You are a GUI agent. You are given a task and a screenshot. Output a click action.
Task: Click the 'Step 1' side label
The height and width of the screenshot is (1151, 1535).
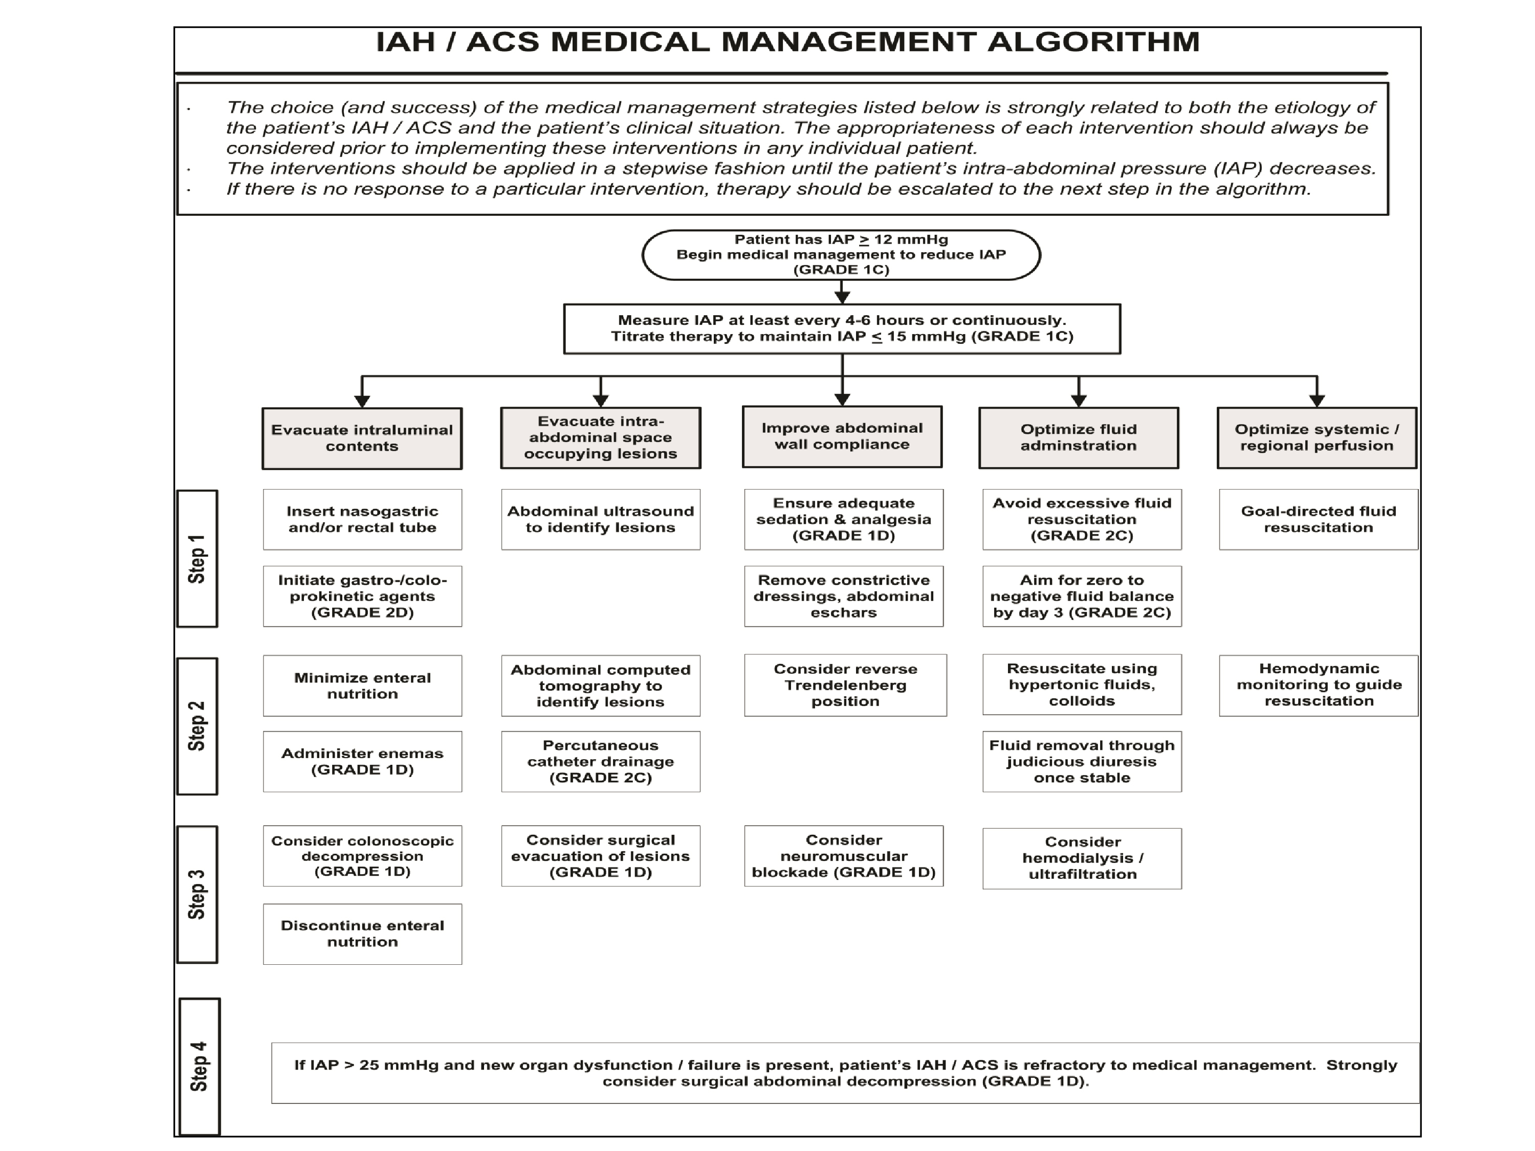[x=197, y=559]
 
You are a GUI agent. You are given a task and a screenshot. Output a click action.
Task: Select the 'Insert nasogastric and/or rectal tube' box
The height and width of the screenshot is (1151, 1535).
[x=362, y=520]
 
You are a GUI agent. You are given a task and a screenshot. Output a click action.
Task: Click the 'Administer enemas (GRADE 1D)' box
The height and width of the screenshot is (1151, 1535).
[x=362, y=761]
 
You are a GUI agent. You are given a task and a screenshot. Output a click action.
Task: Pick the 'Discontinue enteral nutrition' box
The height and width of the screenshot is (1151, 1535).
[x=362, y=933]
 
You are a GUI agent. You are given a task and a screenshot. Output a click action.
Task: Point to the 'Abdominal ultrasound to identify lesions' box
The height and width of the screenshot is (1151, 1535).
[x=600, y=520]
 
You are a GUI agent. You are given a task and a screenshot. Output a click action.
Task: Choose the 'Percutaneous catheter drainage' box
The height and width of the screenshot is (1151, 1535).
[x=600, y=761]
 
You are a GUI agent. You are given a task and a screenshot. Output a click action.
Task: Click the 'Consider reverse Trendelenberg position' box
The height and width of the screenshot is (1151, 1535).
[x=845, y=685]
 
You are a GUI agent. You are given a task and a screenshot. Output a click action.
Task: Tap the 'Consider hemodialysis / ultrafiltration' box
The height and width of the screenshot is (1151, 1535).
[x=1082, y=858]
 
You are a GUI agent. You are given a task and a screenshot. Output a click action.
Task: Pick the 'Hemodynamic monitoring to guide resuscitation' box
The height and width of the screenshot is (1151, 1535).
[x=1319, y=685]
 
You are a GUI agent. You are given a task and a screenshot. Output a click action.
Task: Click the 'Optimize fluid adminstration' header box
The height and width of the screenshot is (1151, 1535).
[x=1079, y=438]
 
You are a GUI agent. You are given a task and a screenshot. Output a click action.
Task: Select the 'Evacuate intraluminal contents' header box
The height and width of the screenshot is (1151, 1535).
[x=362, y=438]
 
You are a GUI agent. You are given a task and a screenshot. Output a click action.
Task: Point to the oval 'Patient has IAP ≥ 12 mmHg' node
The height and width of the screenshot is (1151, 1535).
[x=841, y=255]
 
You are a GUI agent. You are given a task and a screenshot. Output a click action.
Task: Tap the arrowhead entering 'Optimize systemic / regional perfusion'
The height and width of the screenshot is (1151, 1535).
[x=1317, y=401]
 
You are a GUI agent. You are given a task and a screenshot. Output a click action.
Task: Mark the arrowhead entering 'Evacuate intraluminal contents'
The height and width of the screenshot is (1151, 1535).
[x=362, y=401]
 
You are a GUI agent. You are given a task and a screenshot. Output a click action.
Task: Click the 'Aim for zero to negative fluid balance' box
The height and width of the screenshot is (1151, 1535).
[x=1082, y=596]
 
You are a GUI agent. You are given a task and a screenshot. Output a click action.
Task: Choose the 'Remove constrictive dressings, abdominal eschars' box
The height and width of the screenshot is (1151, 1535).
[x=844, y=596]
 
